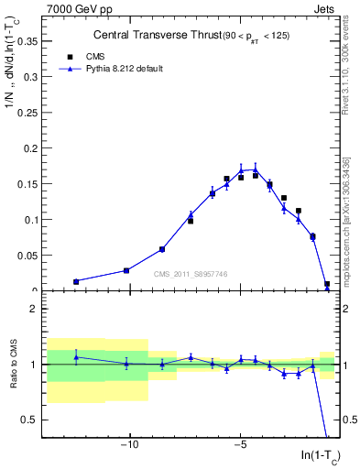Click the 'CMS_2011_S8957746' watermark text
pyautogui.click(x=191, y=274)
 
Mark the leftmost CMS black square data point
pyautogui.click(x=76, y=282)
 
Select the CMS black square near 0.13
pyautogui.click(x=284, y=198)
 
